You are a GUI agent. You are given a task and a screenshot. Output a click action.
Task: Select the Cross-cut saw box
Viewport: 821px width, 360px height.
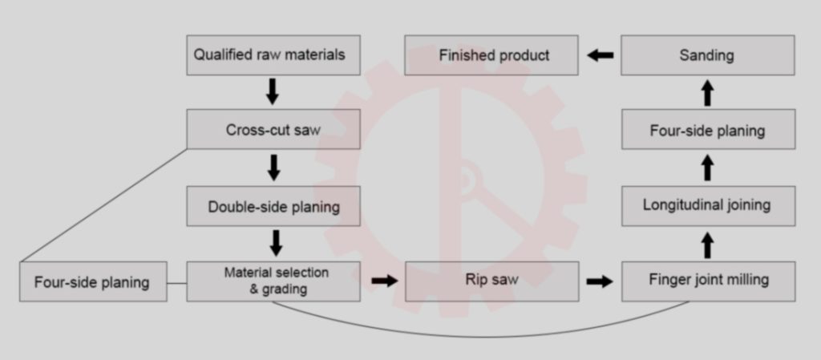coord(273,130)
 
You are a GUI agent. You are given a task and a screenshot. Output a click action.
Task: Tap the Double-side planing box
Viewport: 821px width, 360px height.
coord(273,206)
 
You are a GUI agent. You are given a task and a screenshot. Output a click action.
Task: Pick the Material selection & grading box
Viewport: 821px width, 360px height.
coord(273,281)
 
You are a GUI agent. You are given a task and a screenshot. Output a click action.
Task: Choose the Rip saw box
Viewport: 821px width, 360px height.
coord(491,281)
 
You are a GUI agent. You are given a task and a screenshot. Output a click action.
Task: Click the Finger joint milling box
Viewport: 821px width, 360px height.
coord(708,281)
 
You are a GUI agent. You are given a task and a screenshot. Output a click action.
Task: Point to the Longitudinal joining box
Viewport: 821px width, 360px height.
coord(708,205)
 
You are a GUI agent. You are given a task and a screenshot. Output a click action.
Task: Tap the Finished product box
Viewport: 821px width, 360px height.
coord(491,55)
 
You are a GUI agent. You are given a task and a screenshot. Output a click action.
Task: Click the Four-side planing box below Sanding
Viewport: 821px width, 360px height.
coord(708,130)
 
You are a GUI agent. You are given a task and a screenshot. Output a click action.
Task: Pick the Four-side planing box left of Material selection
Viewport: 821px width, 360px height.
coord(93,281)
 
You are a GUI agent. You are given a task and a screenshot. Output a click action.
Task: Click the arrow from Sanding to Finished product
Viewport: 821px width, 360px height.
coord(600,55)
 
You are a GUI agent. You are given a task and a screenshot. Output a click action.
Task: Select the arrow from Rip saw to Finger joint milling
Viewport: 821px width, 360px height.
coord(600,281)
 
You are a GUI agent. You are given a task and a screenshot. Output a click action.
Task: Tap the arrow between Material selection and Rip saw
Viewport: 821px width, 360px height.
coord(383,281)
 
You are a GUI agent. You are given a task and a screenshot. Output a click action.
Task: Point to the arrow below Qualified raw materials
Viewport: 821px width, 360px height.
coord(273,92)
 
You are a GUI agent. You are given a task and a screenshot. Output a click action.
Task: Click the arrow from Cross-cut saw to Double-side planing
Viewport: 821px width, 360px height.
coord(273,168)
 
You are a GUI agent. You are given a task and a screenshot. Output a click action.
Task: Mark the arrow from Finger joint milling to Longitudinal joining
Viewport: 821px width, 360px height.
coord(707,244)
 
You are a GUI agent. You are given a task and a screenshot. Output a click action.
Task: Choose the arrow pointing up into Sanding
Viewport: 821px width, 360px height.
coord(707,92)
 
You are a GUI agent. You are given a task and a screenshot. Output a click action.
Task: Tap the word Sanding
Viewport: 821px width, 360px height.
coord(706,55)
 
